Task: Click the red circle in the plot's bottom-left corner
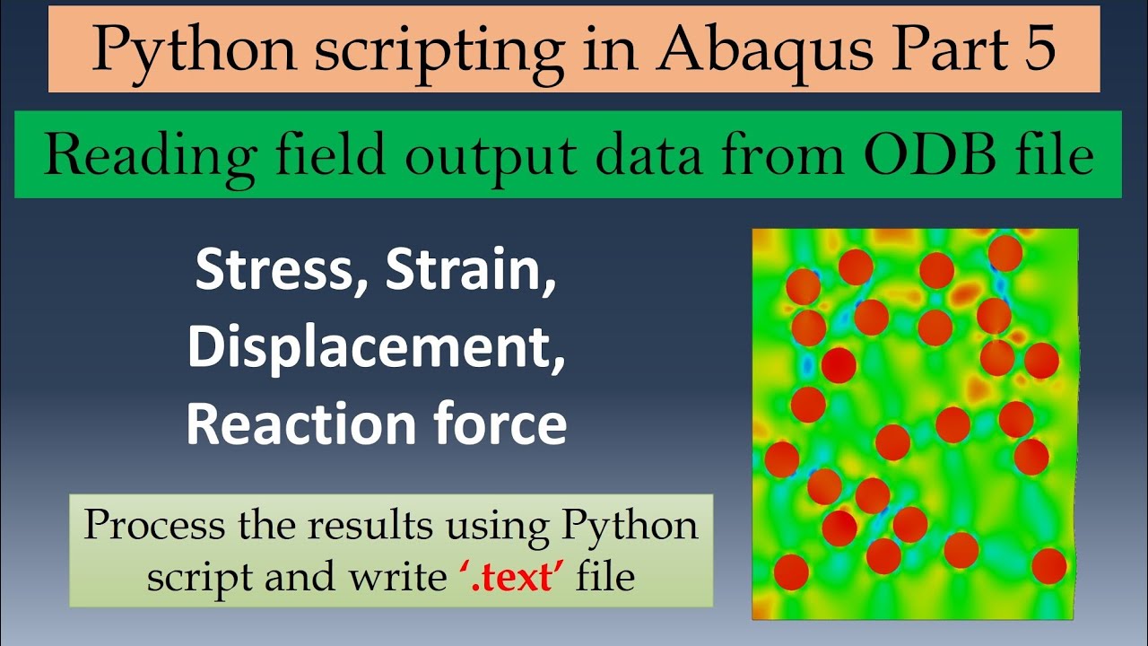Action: [790, 572]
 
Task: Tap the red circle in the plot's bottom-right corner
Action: [1048, 566]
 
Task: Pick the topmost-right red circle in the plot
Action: [1005, 253]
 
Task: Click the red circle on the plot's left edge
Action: [781, 458]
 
